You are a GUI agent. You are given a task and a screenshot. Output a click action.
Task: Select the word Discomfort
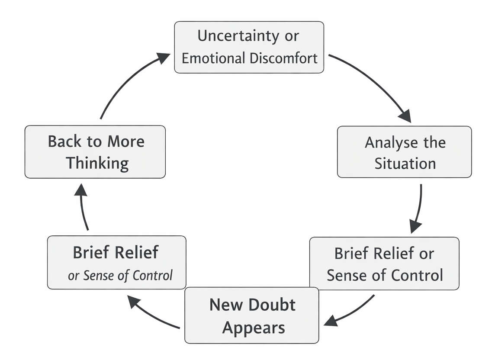[286, 58]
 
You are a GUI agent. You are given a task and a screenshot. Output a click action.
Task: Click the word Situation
[405, 164]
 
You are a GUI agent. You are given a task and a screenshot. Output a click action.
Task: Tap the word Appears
[254, 327]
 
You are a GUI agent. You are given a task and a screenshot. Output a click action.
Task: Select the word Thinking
[97, 164]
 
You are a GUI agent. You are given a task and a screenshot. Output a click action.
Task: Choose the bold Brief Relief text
[116, 253]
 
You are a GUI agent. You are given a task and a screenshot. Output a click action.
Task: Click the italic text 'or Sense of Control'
[120, 275]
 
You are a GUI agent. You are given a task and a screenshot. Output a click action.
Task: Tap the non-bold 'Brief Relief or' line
[384, 254]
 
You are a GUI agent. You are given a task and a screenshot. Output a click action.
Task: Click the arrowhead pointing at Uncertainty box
[163, 58]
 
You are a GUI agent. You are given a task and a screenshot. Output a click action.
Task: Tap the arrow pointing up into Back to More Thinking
[84, 208]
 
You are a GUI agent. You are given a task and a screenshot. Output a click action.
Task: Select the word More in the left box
[126, 141]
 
